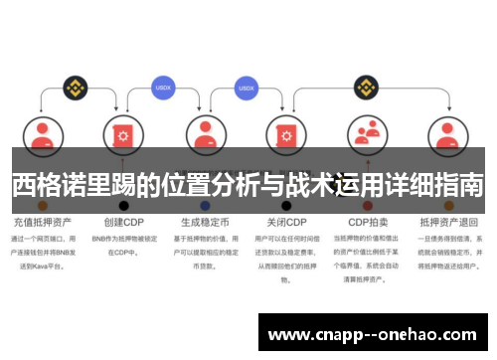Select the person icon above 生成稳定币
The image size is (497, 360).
[x=206, y=136]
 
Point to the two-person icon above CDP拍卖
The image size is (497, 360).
[x=368, y=136]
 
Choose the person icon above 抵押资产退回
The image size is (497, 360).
[x=448, y=136]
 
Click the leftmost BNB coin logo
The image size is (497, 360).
[x=72, y=88]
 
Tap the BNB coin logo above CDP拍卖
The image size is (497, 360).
[x=368, y=88]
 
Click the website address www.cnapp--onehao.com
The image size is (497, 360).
[x=373, y=334]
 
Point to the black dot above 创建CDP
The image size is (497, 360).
[x=124, y=206]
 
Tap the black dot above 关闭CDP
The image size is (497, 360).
[x=286, y=206]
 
